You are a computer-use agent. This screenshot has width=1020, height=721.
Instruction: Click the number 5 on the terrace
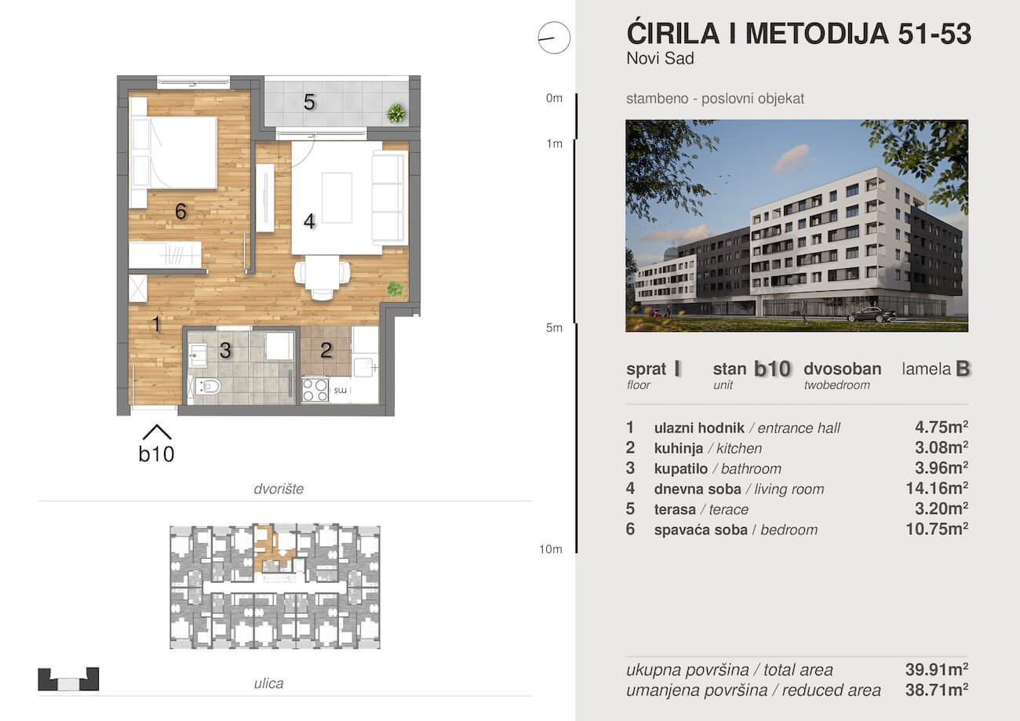point(309,103)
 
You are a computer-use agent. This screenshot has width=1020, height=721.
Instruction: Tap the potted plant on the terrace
point(396,113)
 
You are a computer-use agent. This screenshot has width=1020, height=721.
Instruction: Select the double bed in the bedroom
point(173,152)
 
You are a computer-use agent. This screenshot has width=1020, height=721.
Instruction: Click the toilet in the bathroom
point(208,387)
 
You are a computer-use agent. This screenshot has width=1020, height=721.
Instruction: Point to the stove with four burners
point(315,390)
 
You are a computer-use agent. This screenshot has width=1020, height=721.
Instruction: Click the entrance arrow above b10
point(157,432)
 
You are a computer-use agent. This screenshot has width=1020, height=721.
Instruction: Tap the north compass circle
point(554,38)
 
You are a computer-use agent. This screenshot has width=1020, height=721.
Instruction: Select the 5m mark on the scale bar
point(554,328)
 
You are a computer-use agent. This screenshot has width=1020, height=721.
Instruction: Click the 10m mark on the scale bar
point(551,549)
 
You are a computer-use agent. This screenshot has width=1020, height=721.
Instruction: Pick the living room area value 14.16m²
point(937,489)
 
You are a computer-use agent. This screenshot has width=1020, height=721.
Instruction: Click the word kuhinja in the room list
point(679,448)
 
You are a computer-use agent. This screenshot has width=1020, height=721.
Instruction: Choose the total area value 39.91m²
point(937,669)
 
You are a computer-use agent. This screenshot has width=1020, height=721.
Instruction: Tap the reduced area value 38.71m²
point(937,690)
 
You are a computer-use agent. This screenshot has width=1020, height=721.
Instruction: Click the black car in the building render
point(872,315)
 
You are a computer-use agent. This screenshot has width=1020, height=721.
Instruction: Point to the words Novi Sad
point(661,59)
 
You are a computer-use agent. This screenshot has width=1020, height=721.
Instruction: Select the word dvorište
point(279,489)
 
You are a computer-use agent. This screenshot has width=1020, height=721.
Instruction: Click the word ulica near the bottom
point(268,683)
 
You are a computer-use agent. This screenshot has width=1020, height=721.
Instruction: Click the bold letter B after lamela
point(963,369)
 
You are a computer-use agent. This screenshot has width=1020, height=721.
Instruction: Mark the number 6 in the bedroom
point(180,212)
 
